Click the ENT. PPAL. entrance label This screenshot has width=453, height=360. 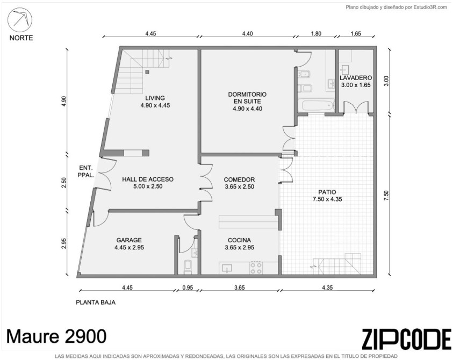point(86,171)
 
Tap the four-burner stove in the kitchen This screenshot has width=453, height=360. point(256,268)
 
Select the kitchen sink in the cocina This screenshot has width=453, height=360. point(227,269)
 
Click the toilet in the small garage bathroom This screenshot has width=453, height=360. point(188,267)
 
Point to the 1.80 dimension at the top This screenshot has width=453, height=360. point(316,33)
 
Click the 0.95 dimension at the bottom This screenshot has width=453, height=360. point(188,287)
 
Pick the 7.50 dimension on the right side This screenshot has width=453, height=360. point(387,195)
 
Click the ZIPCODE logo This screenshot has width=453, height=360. point(406,339)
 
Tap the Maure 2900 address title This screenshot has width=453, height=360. point(56,336)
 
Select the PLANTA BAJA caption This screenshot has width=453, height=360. point(96,303)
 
